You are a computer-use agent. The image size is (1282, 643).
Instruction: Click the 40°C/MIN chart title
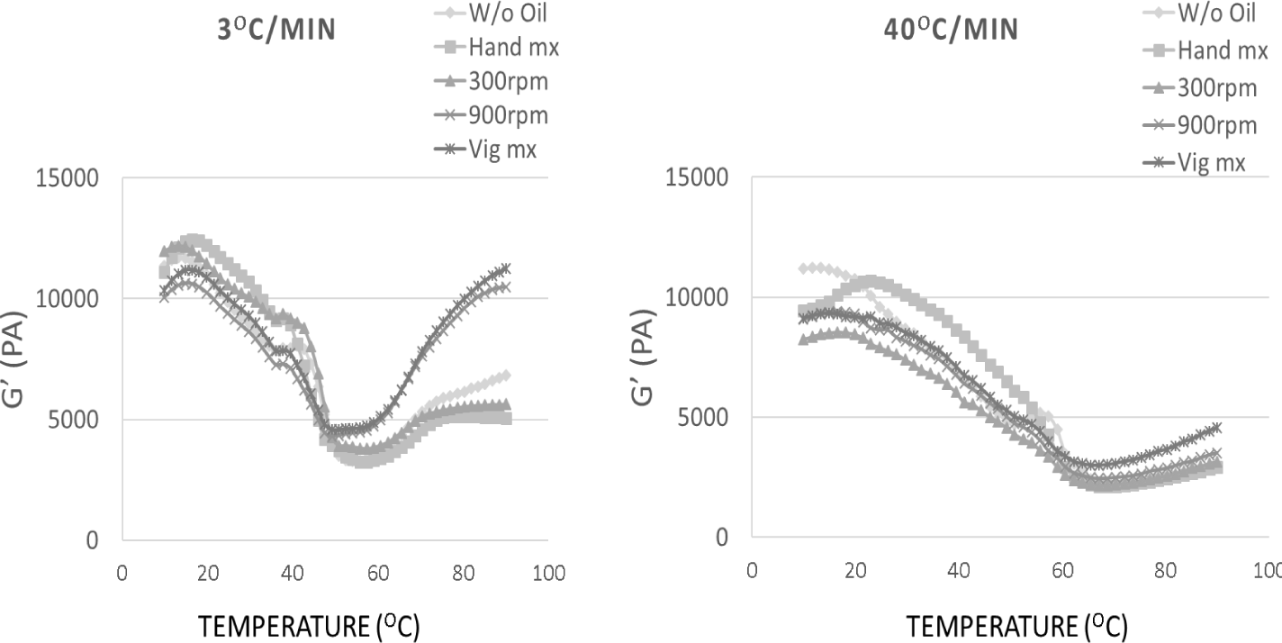tap(951, 30)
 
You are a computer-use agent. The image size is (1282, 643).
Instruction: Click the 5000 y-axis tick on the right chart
tap(706, 417)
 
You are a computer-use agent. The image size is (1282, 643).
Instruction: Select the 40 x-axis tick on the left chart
tap(293, 574)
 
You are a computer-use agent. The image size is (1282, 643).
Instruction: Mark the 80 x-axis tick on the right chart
tap(1166, 570)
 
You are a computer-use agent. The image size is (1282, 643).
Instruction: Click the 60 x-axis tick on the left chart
tap(378, 574)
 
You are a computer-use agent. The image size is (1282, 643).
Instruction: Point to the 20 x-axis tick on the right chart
tap(855, 570)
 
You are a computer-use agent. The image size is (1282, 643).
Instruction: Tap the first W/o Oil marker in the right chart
tap(803, 268)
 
